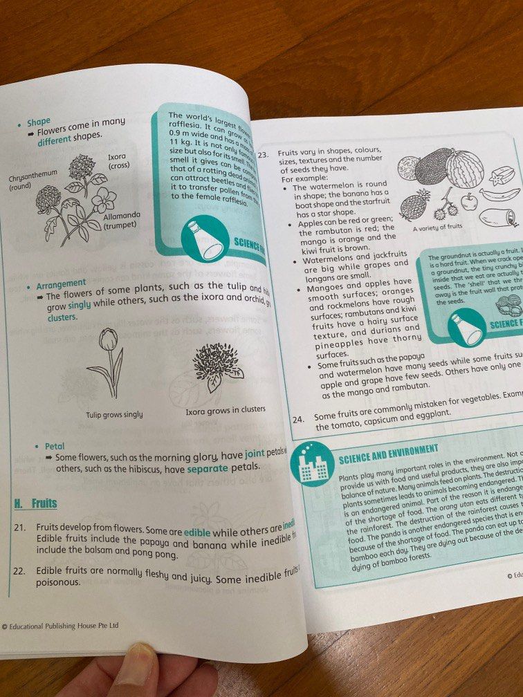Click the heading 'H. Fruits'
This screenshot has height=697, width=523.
pyautogui.click(x=35, y=503)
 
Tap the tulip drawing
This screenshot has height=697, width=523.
pyautogui.click(x=104, y=361)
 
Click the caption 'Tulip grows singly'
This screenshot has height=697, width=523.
pyautogui.click(x=114, y=414)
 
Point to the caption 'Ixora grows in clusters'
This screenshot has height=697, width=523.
pyautogui.click(x=225, y=409)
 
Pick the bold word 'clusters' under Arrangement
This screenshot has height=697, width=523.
pyautogui.click(x=62, y=317)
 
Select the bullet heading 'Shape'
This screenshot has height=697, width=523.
pyautogui.click(x=39, y=123)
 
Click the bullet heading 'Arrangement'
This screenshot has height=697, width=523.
pyautogui.click(x=59, y=283)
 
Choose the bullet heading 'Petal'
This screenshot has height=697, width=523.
pyautogui.click(x=54, y=446)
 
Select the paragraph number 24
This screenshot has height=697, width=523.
pyautogui.click(x=299, y=419)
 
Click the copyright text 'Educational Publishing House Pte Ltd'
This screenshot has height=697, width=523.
pyautogui.click(x=62, y=626)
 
